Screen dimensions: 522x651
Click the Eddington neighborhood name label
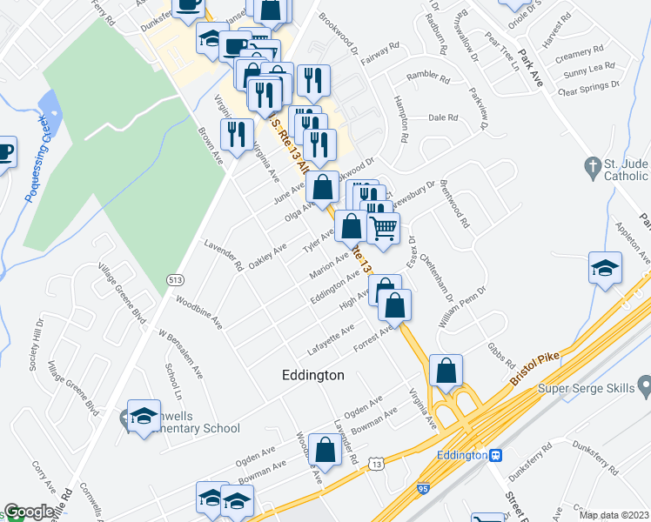click(x=313, y=375)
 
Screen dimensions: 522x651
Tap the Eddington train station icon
click(x=495, y=455)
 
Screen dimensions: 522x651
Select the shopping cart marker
click(x=383, y=229)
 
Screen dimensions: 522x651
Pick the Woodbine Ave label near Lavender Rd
click(x=198, y=314)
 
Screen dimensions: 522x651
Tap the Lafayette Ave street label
click(x=332, y=339)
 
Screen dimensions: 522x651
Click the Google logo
click(x=29, y=512)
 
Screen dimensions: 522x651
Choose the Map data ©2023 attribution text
click(x=614, y=515)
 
